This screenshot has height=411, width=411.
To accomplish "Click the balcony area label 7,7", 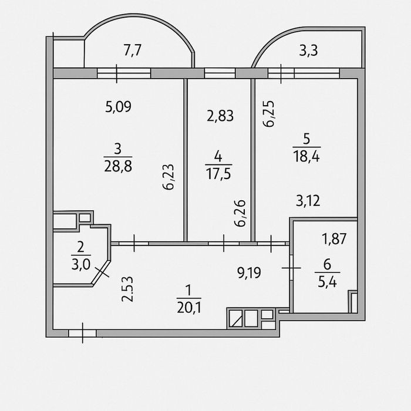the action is (x=133, y=50).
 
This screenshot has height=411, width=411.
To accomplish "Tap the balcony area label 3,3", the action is (x=308, y=50).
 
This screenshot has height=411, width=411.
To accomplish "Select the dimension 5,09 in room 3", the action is (x=118, y=107).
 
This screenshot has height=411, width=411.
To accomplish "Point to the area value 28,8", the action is (x=118, y=166).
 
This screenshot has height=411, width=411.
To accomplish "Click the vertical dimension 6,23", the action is (x=168, y=177).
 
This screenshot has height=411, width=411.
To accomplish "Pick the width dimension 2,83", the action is (x=220, y=116).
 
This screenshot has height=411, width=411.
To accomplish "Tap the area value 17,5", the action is (x=218, y=174).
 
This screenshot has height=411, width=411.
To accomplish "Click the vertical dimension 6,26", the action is (x=240, y=213).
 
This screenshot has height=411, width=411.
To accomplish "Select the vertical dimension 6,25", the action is (x=269, y=114).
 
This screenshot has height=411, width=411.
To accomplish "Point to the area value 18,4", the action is (x=306, y=157).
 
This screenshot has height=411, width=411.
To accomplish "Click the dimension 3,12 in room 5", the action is (x=308, y=201).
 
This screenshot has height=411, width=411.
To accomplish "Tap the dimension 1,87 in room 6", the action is (x=334, y=239).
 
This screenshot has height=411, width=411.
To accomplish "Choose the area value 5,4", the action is (x=328, y=282).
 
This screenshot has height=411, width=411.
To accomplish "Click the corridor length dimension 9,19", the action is (x=249, y=272).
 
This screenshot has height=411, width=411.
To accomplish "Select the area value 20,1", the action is (x=189, y=307).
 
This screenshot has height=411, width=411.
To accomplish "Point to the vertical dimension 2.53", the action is (x=127, y=289).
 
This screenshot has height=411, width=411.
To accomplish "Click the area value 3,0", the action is (x=81, y=264).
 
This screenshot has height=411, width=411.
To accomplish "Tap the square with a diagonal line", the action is (x=235, y=318).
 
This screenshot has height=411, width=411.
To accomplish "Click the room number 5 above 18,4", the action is (x=306, y=139).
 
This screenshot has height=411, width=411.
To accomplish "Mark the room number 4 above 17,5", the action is (x=218, y=157).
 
